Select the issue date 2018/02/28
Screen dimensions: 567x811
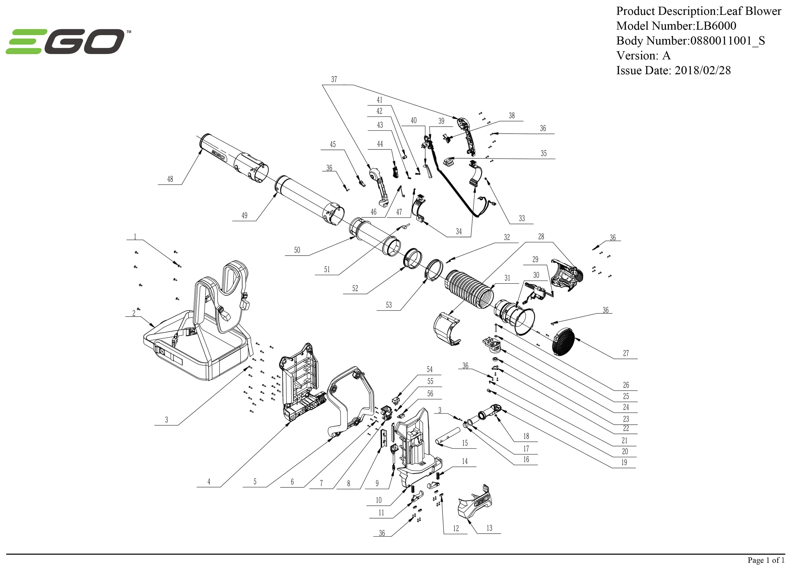[x=703, y=70]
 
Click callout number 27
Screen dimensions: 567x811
[x=626, y=353]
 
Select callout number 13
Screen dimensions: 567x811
[x=489, y=528]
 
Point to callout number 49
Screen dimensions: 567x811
[x=244, y=215]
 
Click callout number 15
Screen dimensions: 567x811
[x=465, y=443]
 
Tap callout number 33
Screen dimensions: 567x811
[x=522, y=218]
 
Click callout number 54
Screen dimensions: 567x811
[x=430, y=369]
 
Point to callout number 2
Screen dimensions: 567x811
[x=134, y=313]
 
